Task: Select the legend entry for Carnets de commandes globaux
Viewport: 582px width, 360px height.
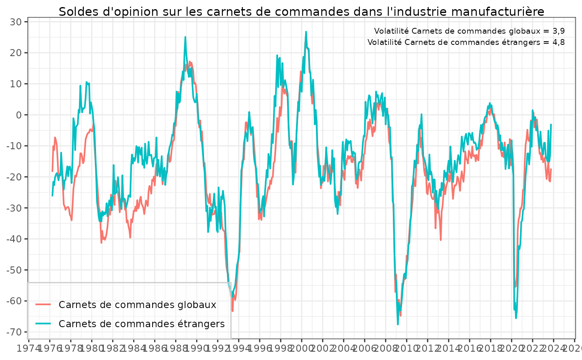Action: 138,305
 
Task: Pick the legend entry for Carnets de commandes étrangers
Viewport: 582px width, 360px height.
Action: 142,323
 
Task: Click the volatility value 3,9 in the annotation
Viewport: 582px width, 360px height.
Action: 558,31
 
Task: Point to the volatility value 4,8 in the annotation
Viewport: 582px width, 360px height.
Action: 558,42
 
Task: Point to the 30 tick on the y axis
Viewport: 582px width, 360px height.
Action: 19,22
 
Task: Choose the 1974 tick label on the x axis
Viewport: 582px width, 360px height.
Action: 29,348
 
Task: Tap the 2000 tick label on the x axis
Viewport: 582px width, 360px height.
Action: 301,348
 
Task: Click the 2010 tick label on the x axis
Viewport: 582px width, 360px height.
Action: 407,348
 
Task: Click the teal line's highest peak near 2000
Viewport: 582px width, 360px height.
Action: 306,32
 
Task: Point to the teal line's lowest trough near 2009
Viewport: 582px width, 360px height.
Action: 398,324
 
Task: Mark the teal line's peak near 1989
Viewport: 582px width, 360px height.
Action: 185,37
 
